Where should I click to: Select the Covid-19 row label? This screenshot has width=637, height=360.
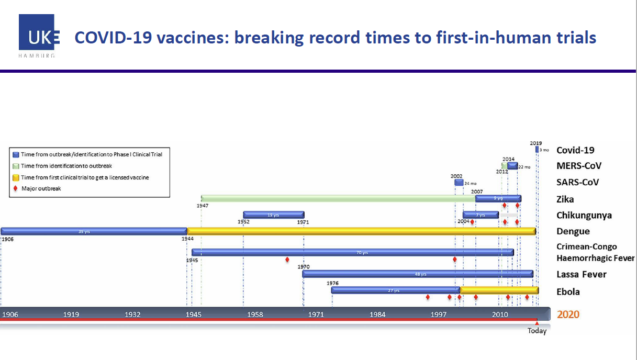click(575, 150)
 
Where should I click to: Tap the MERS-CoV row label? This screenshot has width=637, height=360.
click(578, 166)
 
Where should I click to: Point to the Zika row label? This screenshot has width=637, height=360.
click(565, 199)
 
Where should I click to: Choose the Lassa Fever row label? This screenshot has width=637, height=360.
click(582, 274)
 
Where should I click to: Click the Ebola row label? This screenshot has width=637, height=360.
click(568, 291)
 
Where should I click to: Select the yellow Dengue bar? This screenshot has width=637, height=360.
click(361, 231)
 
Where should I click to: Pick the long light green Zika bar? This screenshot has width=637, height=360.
click(338, 198)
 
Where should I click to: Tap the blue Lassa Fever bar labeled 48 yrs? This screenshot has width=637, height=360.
click(417, 274)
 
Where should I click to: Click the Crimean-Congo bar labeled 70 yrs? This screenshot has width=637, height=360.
click(352, 252)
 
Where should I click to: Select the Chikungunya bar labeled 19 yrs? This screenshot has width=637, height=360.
click(273, 215)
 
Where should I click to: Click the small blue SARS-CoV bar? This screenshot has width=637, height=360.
click(459, 183)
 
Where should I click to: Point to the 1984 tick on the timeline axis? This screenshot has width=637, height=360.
click(377, 314)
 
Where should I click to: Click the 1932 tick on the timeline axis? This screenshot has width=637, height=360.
click(132, 314)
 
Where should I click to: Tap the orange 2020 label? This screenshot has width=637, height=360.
click(568, 314)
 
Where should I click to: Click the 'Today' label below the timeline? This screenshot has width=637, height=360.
click(537, 331)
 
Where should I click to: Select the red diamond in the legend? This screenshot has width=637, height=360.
click(16, 188)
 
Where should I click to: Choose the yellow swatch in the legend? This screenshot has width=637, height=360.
click(16, 177)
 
